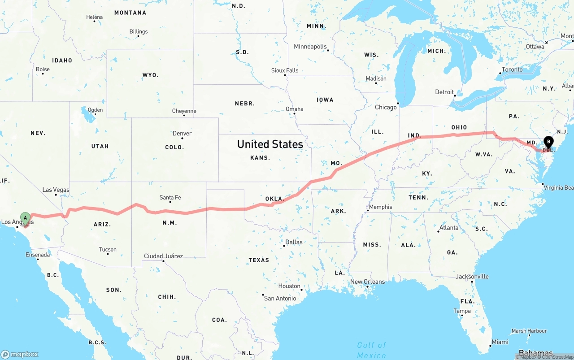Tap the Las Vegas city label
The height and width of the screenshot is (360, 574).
[56, 190]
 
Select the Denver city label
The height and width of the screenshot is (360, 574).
[182, 133]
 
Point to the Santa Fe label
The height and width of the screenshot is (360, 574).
[170, 197]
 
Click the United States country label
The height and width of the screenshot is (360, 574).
[270, 144]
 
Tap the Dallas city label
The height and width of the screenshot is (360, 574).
[294, 242]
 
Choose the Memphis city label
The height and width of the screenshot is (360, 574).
[381, 207]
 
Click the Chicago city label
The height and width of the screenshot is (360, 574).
[386, 107]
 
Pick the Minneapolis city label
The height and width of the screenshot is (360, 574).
[310, 47]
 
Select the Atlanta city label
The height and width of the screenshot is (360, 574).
[449, 228]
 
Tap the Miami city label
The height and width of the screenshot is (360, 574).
[500, 342]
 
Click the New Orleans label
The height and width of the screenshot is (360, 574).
[367, 282]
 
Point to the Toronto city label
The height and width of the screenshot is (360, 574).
[512, 69]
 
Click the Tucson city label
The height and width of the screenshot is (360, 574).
[108, 249]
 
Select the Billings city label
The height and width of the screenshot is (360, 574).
[138, 31]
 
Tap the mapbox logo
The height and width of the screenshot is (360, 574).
[20, 354]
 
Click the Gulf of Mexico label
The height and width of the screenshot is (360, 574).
[371, 350]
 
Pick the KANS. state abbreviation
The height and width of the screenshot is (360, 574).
[260, 158]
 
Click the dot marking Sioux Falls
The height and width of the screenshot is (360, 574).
[285, 75]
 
